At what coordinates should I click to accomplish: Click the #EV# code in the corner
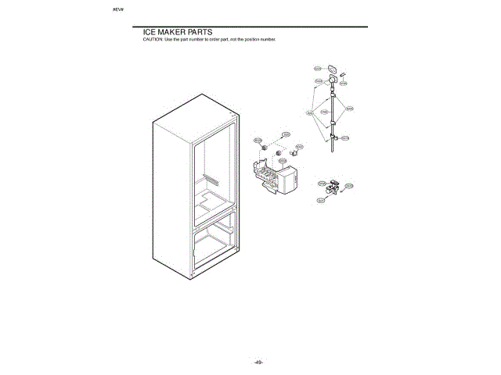(118, 12)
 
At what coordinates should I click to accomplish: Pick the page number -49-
(258, 362)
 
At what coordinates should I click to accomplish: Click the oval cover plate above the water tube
(333, 69)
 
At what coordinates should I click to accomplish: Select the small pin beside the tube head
(342, 77)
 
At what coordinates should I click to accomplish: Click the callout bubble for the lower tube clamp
(346, 137)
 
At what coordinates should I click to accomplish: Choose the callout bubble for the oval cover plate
(318, 68)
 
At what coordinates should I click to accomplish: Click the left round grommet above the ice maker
(266, 146)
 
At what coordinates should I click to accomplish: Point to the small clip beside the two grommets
(294, 145)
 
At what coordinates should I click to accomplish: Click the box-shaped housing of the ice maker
(290, 182)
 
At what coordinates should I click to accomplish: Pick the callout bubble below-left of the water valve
(321, 201)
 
